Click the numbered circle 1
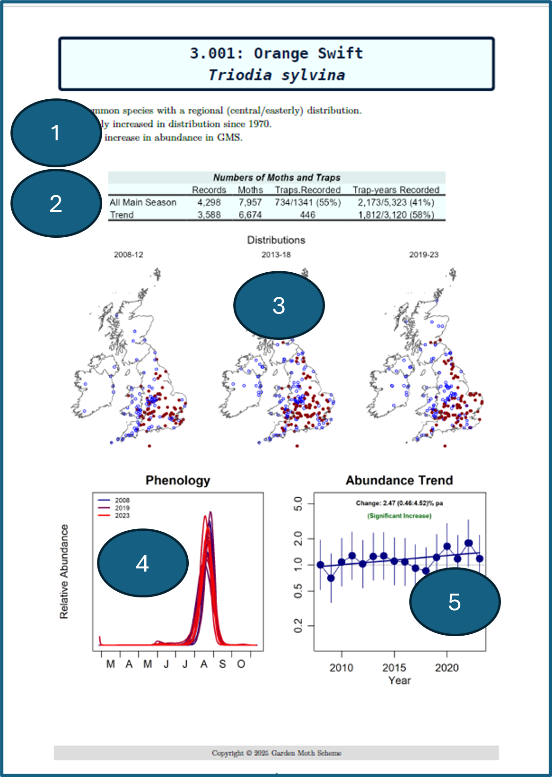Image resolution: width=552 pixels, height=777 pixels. [56, 133]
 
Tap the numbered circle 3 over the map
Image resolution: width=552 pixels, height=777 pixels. [279, 305]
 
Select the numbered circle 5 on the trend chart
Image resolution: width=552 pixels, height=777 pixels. [455, 602]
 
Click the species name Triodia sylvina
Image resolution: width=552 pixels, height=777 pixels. [277, 75]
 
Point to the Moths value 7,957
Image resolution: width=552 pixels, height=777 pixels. [250, 202]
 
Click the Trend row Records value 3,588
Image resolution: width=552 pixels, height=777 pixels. [209, 215]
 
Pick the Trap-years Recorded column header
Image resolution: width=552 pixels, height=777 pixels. [396, 190]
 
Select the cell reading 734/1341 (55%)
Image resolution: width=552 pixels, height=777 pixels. [307, 202]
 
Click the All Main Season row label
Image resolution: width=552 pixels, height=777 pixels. [143, 202]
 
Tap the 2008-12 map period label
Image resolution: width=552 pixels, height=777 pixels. [128, 255]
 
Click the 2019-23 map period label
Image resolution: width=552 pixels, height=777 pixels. [423, 255]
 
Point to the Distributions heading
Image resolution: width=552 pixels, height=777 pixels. [276, 240]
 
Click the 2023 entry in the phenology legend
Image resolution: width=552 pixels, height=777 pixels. [122, 516]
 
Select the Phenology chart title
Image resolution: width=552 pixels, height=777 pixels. [178, 480]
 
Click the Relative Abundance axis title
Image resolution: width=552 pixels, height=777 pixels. [64, 571]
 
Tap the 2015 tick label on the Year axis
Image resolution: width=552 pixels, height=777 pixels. [394, 667]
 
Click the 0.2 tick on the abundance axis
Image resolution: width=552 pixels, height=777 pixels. [298, 626]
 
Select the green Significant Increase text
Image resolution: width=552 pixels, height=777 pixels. [399, 516]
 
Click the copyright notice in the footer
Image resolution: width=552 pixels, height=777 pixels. [276, 753]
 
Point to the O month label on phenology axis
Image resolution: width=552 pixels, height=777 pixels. [241, 664]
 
